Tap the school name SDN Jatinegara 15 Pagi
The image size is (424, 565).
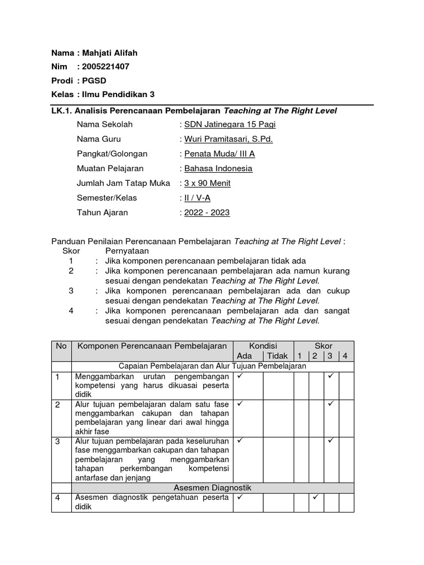[x=230, y=125]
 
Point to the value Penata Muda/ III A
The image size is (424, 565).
[x=219, y=154]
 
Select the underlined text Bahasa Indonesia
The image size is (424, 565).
[x=218, y=168]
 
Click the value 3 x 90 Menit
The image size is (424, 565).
[x=207, y=183]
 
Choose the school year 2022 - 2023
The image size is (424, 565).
[x=207, y=212]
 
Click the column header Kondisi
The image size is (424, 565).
[x=263, y=346]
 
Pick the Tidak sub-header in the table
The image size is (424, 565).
[x=277, y=356]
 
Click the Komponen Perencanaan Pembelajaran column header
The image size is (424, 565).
[x=152, y=346]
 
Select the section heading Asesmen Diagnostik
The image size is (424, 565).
[x=213, y=488]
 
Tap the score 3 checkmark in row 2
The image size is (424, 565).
[x=331, y=404]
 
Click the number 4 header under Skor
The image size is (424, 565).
[x=346, y=356]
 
